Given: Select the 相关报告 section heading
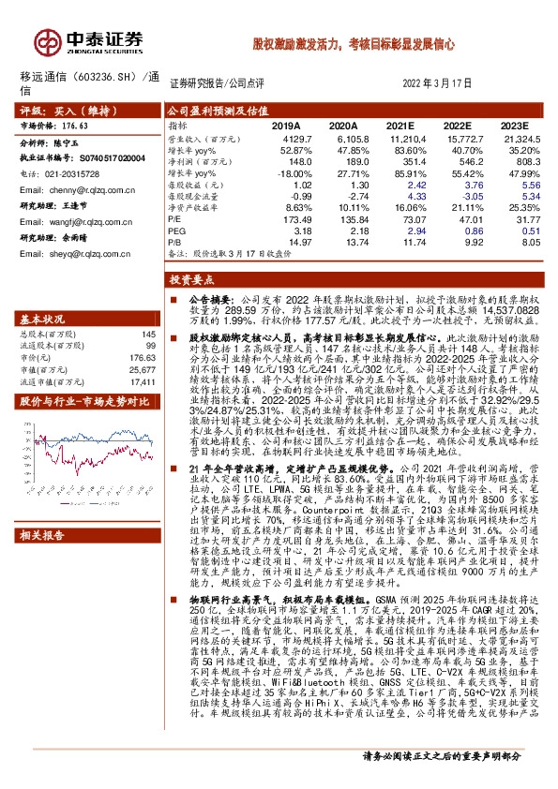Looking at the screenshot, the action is click(44, 536).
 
